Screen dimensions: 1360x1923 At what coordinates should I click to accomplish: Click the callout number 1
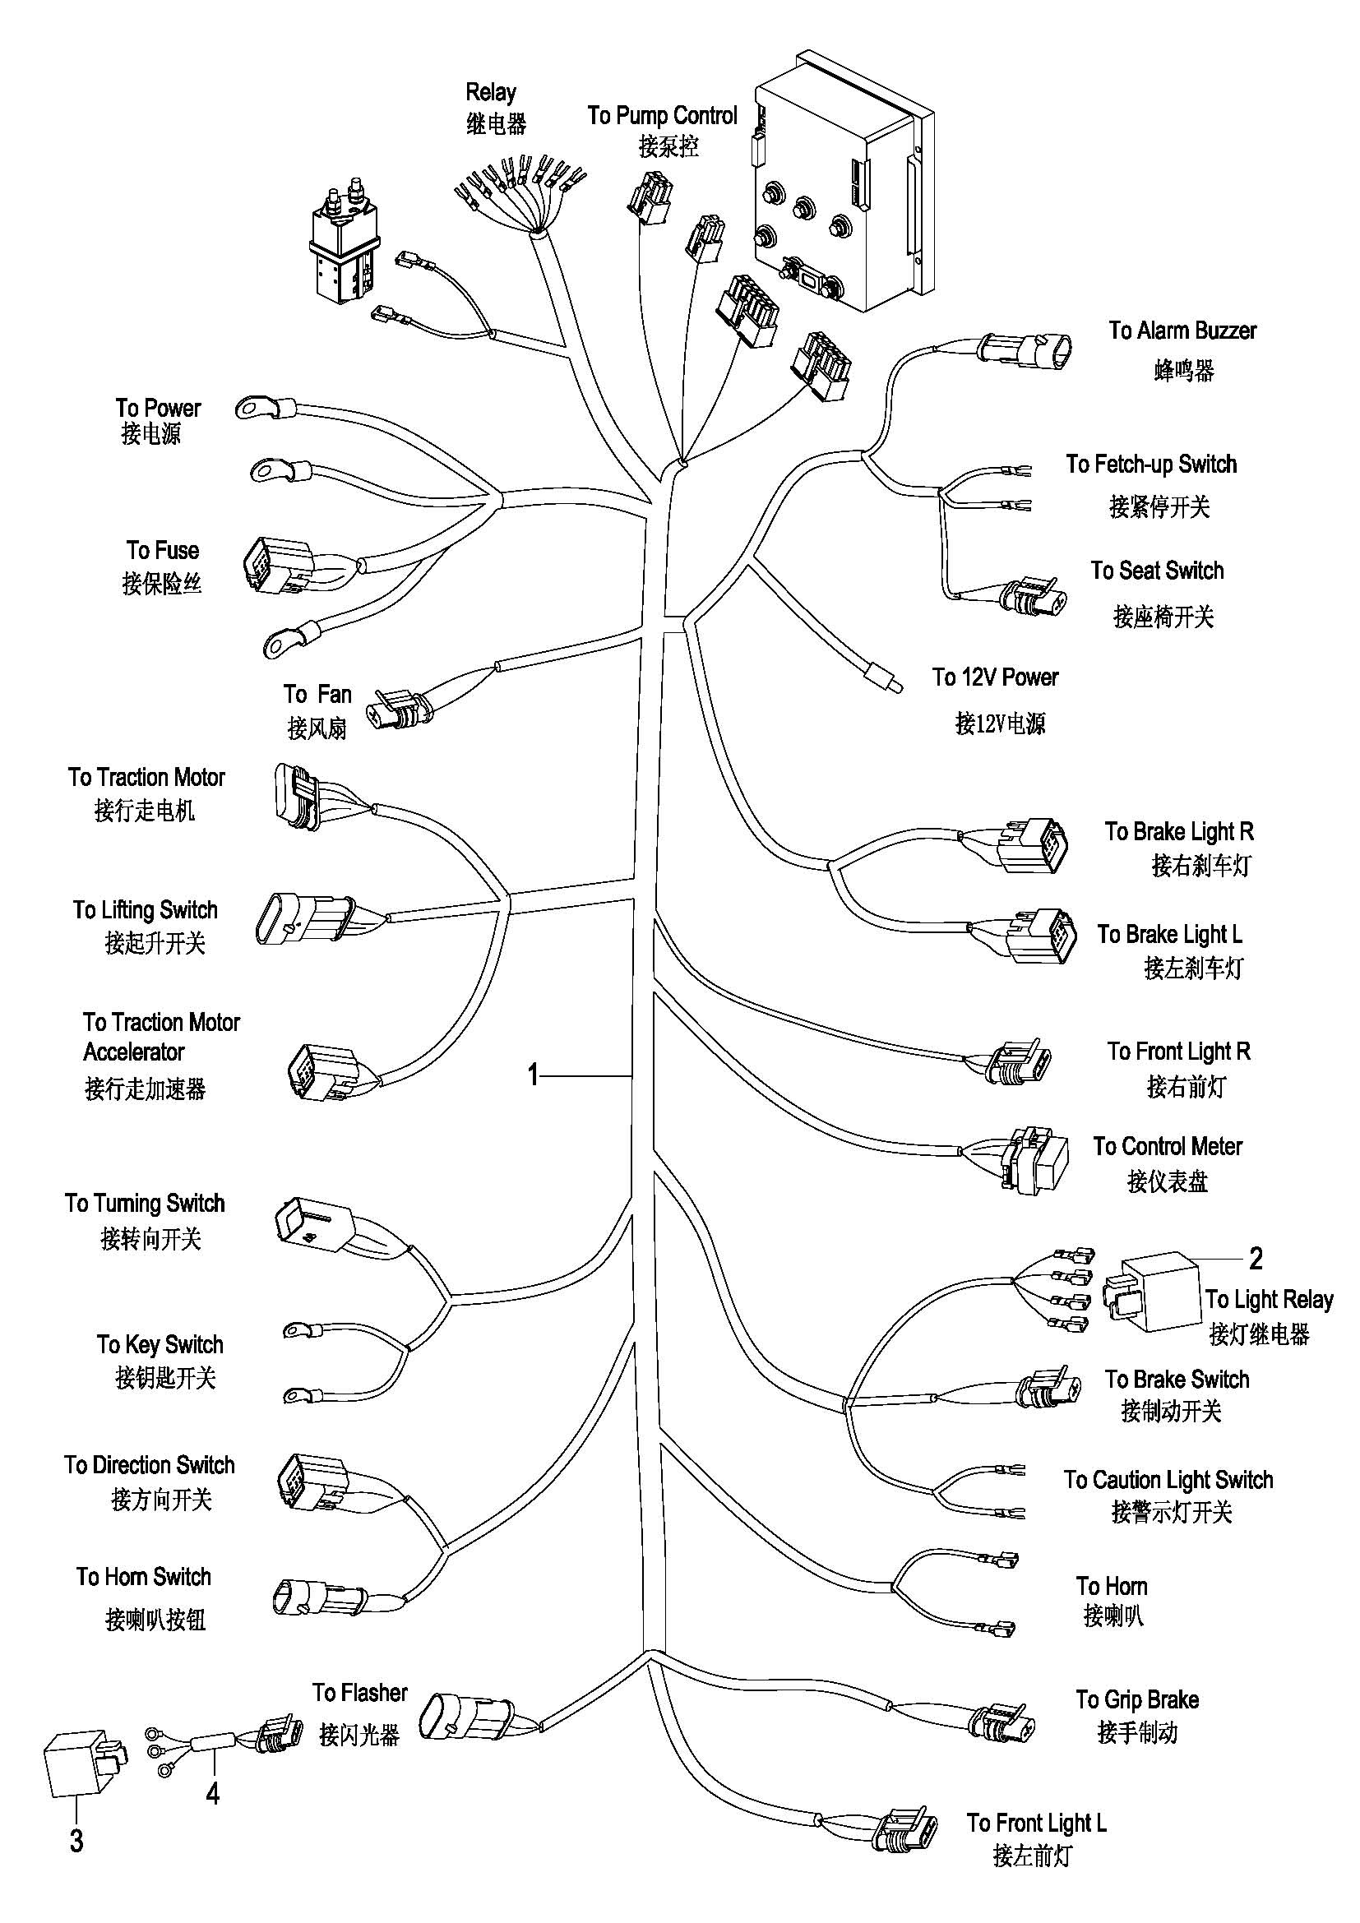[x=533, y=1075]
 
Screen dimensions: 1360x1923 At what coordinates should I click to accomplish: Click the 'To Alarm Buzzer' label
[x=1182, y=331]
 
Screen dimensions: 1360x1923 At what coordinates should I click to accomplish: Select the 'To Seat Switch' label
[x=1158, y=571]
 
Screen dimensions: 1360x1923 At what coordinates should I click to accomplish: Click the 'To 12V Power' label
[x=996, y=677]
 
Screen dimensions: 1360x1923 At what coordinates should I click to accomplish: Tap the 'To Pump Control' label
[x=662, y=115]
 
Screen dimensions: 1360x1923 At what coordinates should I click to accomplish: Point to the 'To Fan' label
[x=317, y=695]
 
